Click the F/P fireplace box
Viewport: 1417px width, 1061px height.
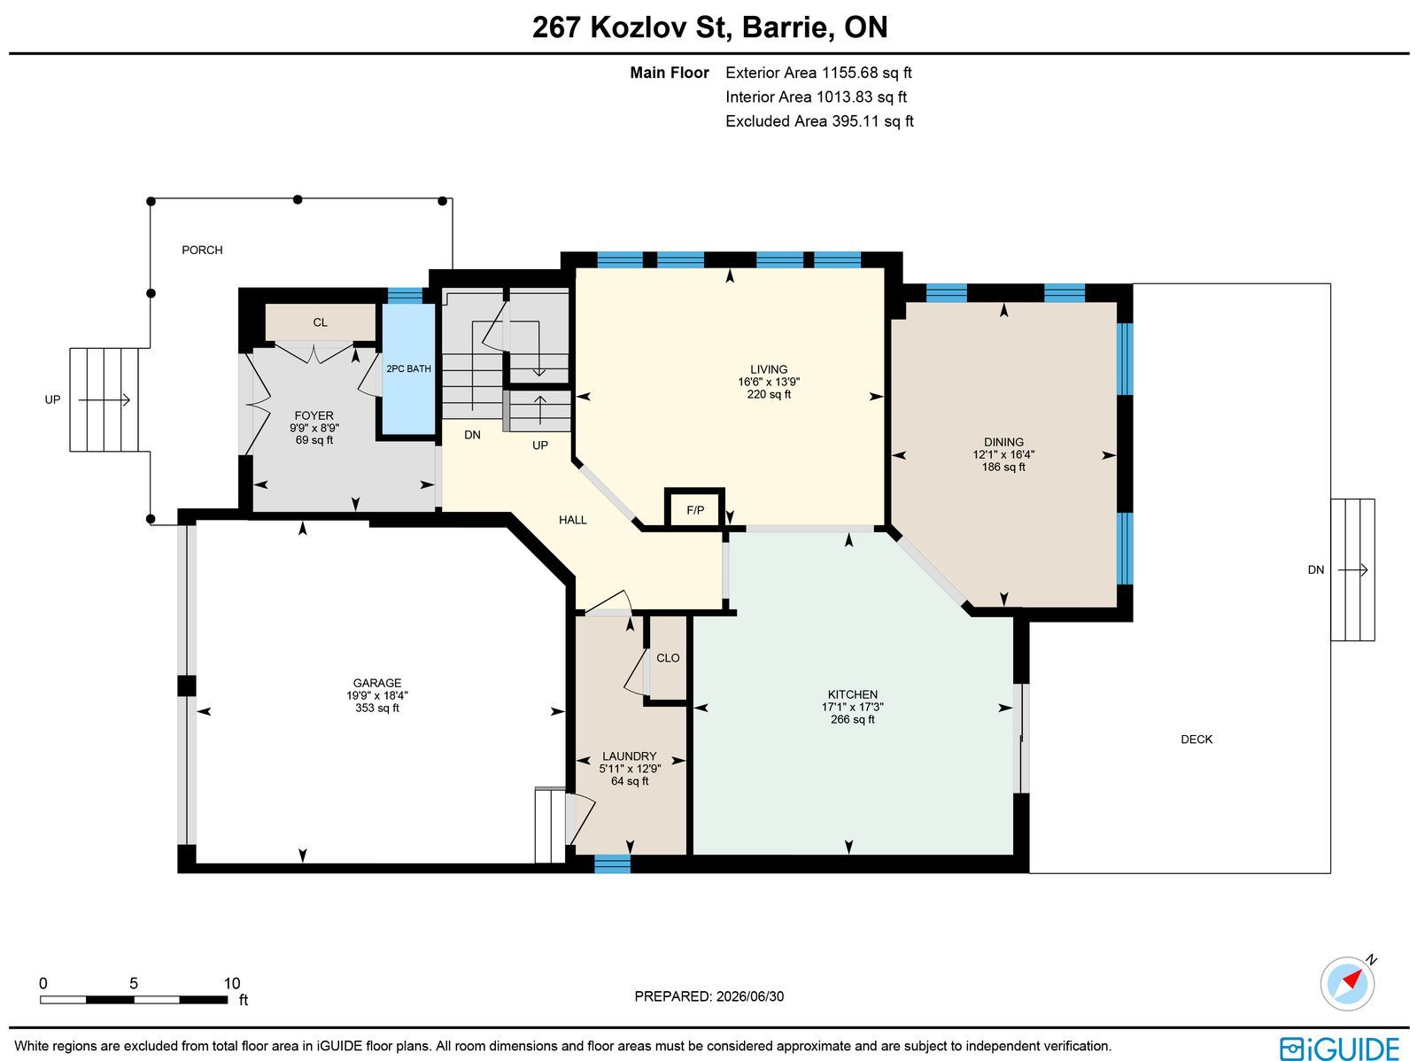(x=694, y=509)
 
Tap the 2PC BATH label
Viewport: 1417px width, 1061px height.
(x=408, y=368)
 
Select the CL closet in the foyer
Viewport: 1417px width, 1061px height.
(x=321, y=322)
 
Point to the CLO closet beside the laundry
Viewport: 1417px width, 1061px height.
(x=668, y=658)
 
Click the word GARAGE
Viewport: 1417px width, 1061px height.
(x=377, y=683)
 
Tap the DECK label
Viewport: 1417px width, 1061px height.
(x=1196, y=740)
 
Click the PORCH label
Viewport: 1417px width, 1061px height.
(x=202, y=250)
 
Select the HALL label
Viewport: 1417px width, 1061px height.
(x=573, y=520)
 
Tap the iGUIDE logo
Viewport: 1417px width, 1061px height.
(x=1340, y=1048)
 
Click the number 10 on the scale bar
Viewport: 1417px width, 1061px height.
(x=232, y=983)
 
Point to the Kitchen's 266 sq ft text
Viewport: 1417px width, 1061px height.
(x=852, y=719)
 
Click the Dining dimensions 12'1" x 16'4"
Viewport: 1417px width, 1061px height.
(x=1003, y=454)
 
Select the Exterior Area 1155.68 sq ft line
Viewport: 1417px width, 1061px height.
(x=818, y=73)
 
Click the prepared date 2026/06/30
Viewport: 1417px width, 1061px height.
(x=749, y=995)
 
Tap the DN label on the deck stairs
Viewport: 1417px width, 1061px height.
(x=1316, y=569)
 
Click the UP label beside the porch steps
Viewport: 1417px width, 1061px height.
(x=52, y=399)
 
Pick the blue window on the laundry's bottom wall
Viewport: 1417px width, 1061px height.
(x=612, y=864)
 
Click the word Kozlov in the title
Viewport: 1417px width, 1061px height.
(x=637, y=27)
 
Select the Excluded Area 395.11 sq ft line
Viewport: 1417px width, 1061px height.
(x=819, y=120)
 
